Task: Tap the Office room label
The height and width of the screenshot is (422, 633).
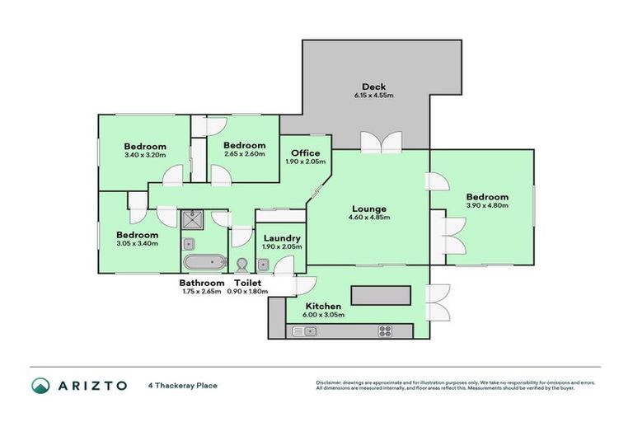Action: pos(305,153)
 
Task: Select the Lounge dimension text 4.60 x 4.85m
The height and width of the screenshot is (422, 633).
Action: pos(368,218)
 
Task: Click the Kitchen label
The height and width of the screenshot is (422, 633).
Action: pos(322,306)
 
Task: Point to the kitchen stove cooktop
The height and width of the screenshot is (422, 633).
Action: pos(385,331)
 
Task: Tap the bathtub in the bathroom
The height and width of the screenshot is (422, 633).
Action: pos(204,263)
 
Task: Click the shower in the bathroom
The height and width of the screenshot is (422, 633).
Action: pos(195,220)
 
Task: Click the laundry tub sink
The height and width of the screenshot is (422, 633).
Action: pos(262,265)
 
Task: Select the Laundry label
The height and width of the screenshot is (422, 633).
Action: pos(282,238)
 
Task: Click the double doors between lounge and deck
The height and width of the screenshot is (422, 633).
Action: pos(381,143)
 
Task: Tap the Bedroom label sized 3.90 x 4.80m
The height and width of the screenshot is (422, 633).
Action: pos(486,197)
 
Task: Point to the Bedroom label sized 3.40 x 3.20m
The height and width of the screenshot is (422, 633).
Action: pos(145,146)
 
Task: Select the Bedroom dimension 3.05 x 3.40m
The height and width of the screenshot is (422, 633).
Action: pos(136,243)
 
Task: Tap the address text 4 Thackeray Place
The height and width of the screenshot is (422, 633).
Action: pos(182,385)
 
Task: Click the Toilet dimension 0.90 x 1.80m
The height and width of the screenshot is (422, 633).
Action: pos(248,291)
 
